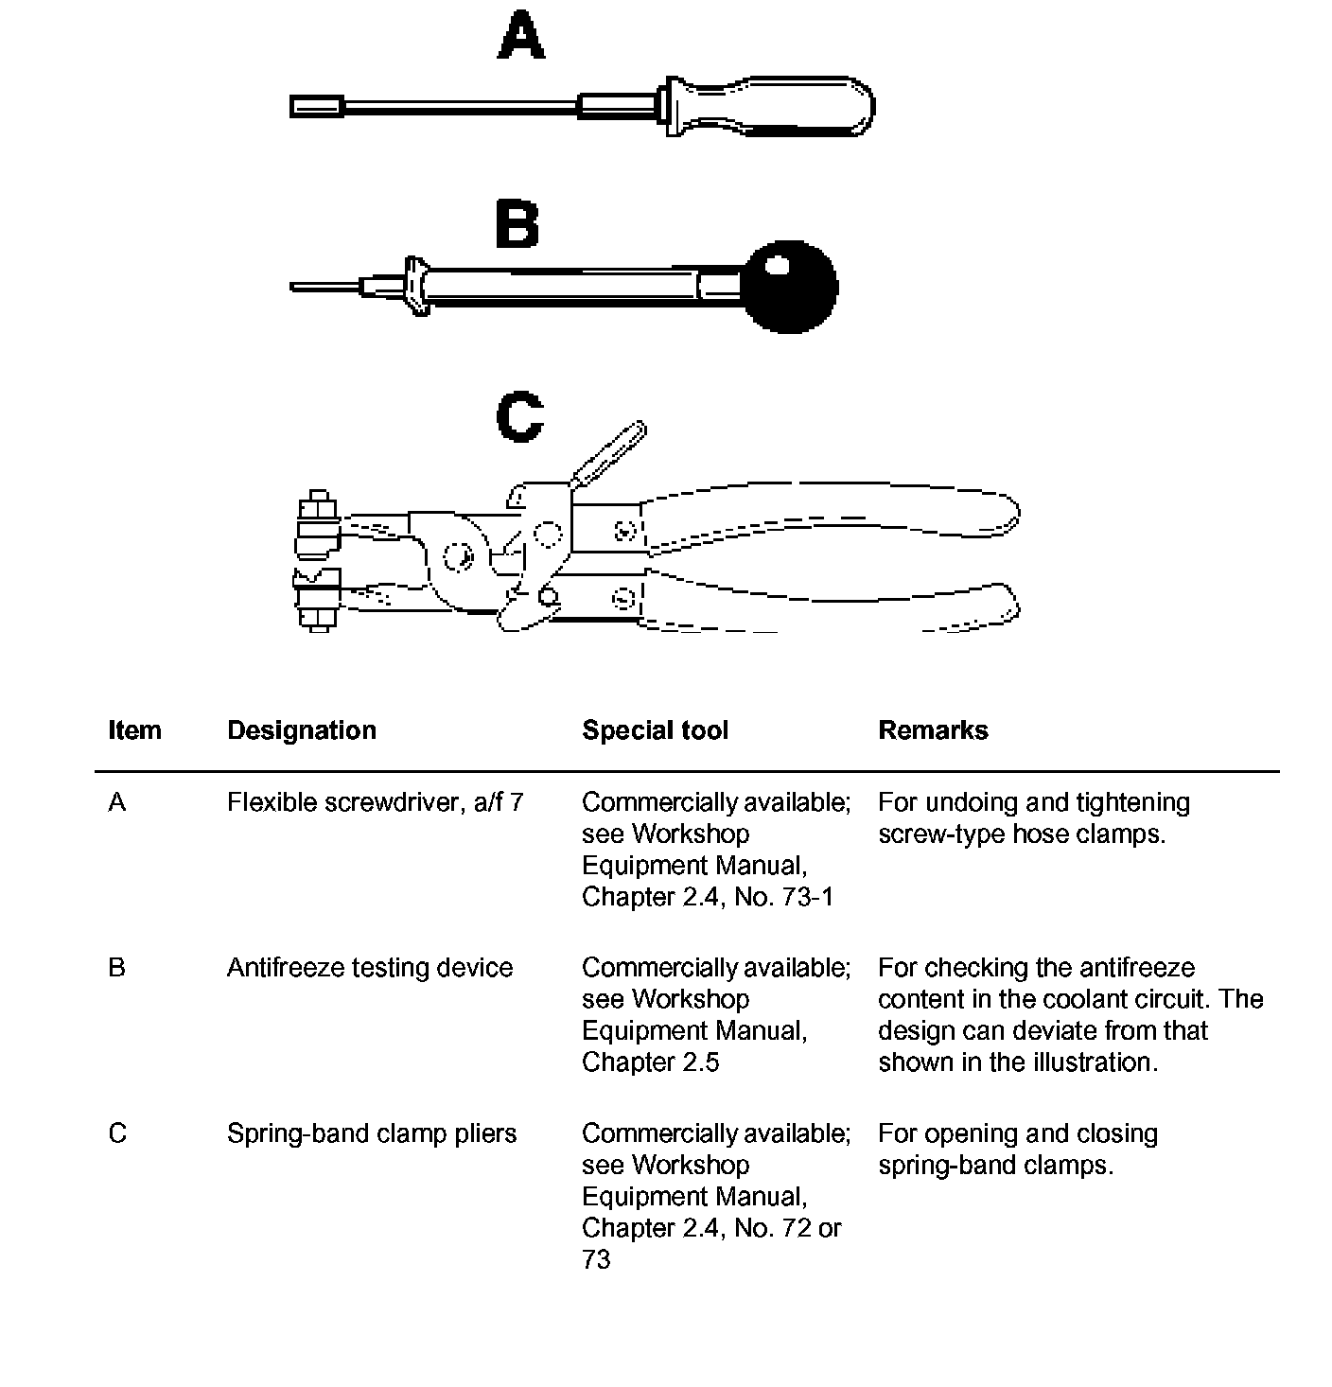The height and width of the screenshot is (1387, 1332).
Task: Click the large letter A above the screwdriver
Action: point(521,38)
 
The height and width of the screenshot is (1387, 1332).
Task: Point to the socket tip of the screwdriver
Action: point(316,106)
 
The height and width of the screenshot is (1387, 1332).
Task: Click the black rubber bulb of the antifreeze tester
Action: point(790,287)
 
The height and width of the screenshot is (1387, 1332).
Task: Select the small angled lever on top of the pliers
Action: point(610,453)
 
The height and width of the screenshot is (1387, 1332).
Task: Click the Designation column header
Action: point(302,730)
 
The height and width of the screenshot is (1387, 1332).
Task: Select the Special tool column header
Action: point(656,730)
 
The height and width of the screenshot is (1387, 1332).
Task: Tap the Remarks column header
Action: point(933,730)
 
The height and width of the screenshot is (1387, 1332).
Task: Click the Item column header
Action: point(134,730)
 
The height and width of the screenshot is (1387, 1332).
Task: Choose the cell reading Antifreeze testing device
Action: point(370,968)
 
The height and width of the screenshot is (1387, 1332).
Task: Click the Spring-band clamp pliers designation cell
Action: point(372,1133)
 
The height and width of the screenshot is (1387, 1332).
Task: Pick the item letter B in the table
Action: point(117,968)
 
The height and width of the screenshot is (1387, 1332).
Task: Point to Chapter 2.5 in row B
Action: point(651,1062)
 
